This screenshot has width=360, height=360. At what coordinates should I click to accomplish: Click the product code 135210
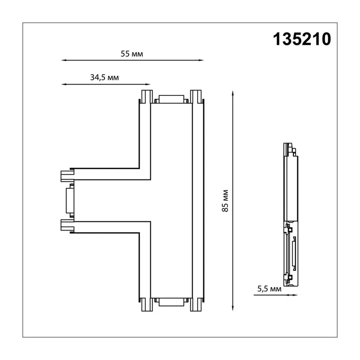point(301,39)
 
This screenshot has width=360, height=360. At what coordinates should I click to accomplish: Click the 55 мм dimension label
point(132,54)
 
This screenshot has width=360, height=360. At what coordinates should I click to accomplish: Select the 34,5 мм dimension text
point(104,77)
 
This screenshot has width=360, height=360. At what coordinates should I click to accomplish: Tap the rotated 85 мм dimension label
point(225,201)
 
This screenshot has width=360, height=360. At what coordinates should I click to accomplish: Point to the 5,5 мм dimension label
point(269,288)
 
